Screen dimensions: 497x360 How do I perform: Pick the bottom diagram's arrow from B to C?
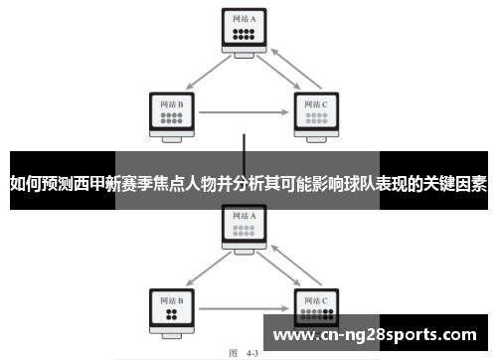[x=244, y=308]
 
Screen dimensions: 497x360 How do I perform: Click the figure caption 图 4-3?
[x=244, y=351]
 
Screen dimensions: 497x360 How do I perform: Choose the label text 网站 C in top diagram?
[x=315, y=101]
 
